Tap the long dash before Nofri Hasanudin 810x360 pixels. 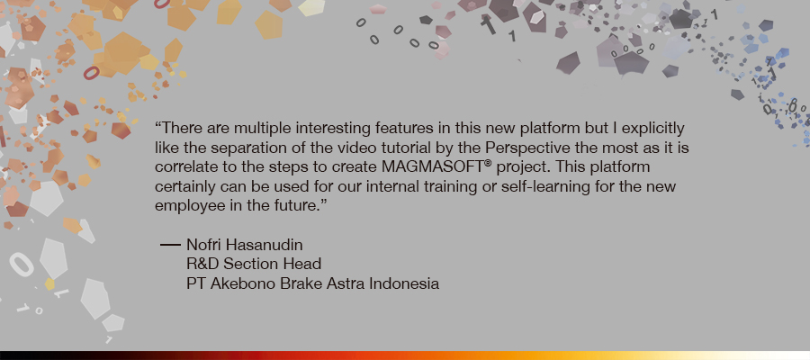170,245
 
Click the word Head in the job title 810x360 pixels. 305,264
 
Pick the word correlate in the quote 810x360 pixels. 180,168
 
